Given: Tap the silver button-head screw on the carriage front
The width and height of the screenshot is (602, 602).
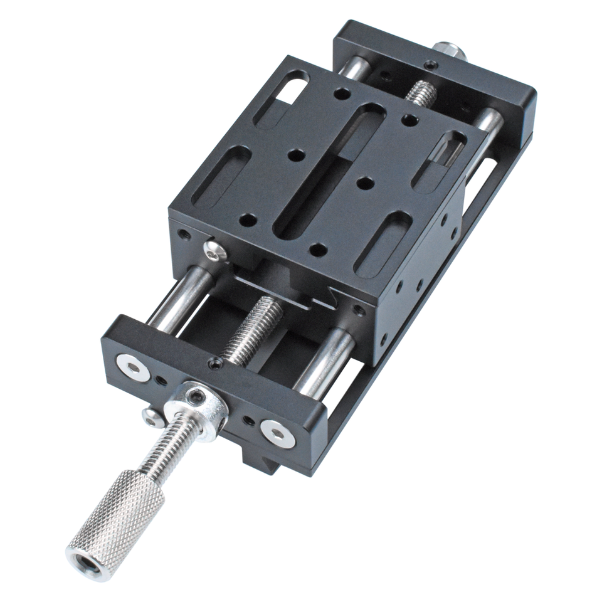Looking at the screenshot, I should click(x=215, y=250).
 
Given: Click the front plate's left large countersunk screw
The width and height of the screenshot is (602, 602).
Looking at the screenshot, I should click(x=133, y=367).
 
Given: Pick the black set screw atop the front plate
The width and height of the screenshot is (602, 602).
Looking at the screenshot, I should click(x=216, y=363).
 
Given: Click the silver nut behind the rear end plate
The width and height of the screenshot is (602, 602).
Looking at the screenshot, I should click(x=449, y=50).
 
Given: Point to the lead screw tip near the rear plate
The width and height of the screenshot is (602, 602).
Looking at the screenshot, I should click(x=421, y=93).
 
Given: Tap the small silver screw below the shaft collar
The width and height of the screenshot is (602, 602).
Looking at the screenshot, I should click(x=151, y=416).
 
